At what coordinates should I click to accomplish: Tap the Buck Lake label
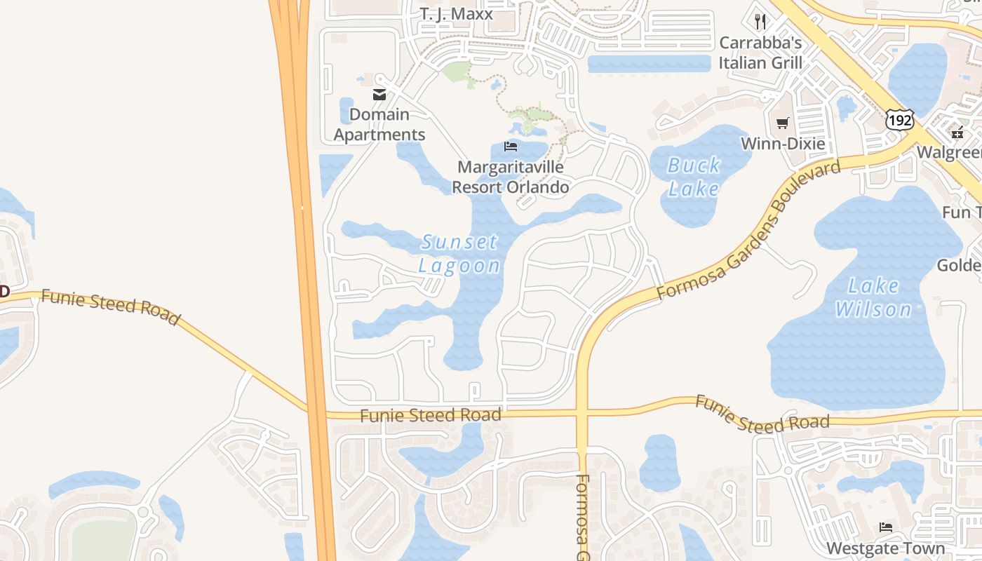point(694,177)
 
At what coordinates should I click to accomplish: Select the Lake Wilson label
point(873,297)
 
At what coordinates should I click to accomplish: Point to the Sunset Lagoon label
point(460,254)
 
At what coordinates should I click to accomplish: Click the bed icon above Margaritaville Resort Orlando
point(511,147)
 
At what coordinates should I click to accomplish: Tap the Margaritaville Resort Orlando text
point(510,177)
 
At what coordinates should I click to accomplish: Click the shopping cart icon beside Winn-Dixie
point(783,123)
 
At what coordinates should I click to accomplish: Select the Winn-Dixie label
point(783,144)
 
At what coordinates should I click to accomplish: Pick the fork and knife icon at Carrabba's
point(760,22)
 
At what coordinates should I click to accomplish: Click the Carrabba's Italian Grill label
point(760,53)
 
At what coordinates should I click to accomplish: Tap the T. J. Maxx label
point(457,14)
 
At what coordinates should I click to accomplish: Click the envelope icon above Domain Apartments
point(379,95)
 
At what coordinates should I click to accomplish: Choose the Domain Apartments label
point(379,124)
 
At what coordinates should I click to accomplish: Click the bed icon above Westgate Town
point(886,527)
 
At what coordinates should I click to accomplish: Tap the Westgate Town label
point(885,548)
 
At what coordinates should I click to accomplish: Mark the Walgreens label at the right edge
point(949,152)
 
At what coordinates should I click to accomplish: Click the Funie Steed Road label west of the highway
point(110,307)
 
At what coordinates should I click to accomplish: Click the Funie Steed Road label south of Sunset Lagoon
point(431,415)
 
